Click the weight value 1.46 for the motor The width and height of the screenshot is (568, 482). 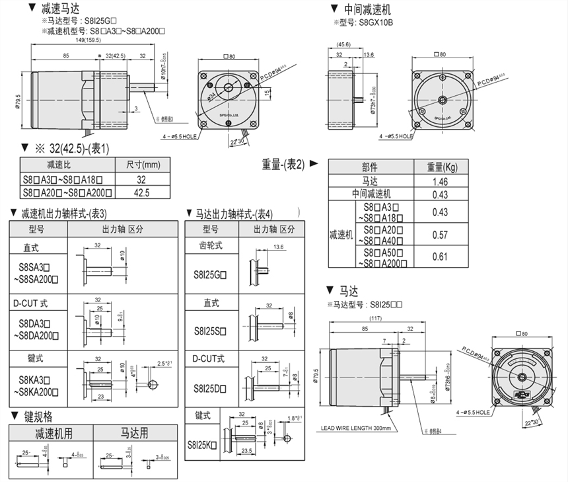tap(440, 181)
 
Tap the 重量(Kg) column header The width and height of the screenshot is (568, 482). tap(440, 167)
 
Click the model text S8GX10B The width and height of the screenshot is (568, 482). tap(375, 22)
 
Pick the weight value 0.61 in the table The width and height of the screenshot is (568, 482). tap(440, 257)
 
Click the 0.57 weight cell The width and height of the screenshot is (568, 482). tap(440, 235)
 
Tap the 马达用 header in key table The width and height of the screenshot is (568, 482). tap(135, 434)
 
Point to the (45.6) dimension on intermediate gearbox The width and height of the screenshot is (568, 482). tap(343, 44)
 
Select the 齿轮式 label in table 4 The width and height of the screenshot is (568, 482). tap(211, 245)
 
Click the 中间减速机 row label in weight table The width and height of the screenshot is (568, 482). tap(371, 194)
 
